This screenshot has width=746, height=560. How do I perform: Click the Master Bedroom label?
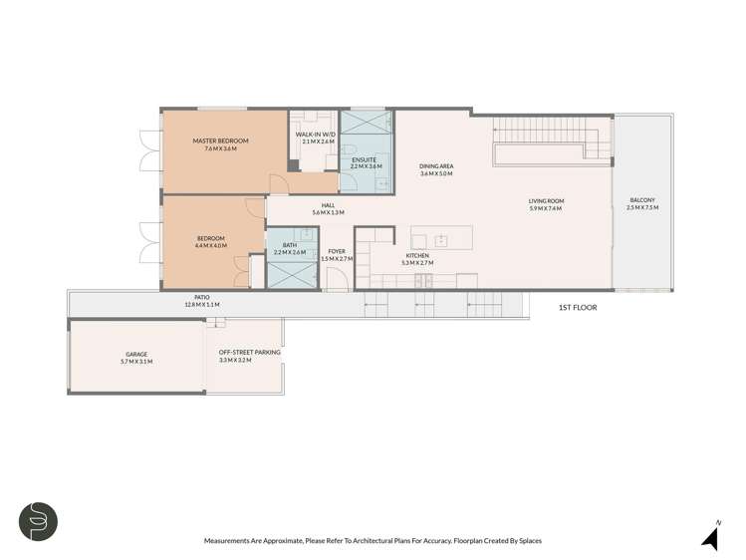pyautogui.click(x=220, y=141)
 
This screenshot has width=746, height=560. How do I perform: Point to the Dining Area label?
pyautogui.click(x=436, y=166)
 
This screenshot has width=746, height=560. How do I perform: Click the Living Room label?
pyautogui.click(x=546, y=201)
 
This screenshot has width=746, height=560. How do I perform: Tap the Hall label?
pyautogui.click(x=328, y=205)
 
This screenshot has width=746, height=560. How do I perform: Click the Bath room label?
pyautogui.click(x=289, y=245)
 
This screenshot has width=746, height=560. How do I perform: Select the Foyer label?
pyautogui.click(x=337, y=251)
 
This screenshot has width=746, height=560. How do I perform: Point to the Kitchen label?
pyautogui.click(x=416, y=256)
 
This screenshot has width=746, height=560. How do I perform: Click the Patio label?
pyautogui.click(x=202, y=297)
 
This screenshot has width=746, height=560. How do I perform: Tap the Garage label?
pyautogui.click(x=136, y=354)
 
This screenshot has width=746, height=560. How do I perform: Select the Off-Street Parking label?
pyautogui.click(x=249, y=353)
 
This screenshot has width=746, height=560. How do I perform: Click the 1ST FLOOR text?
pyautogui.click(x=577, y=308)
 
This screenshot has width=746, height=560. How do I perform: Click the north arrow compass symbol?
pyautogui.click(x=710, y=538)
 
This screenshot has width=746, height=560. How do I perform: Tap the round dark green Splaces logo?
pyautogui.click(x=37, y=522)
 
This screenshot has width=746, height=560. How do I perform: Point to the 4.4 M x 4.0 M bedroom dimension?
pyautogui.click(x=210, y=245)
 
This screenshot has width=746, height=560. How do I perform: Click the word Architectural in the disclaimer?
pyautogui.click(x=390, y=540)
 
